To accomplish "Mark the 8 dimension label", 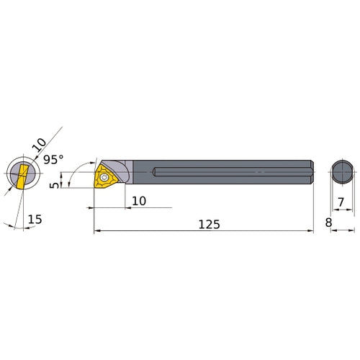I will click(x=328, y=224).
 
